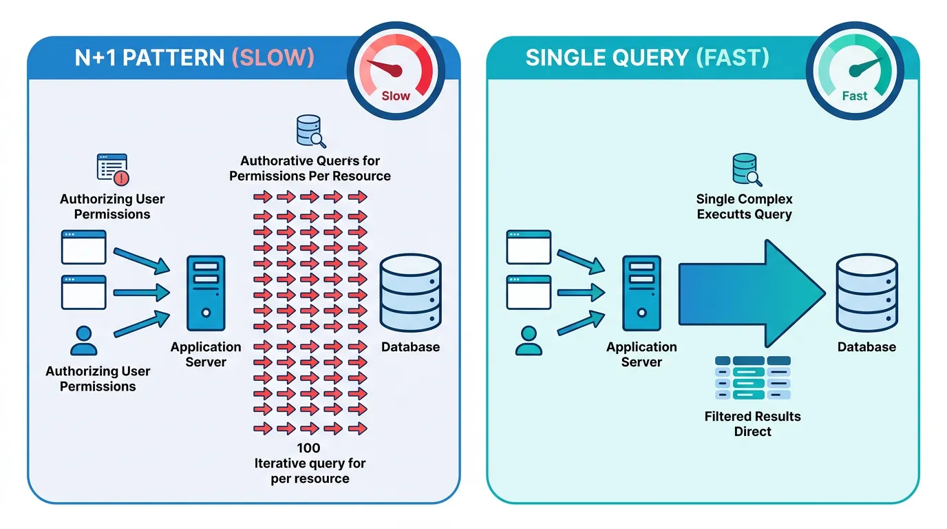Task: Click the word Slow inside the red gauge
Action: coord(396,96)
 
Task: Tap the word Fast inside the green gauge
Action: coord(855,96)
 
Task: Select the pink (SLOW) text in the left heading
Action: coord(273,57)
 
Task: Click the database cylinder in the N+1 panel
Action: coord(411,293)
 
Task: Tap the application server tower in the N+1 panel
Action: coord(206,293)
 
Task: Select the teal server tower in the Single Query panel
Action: coord(641,293)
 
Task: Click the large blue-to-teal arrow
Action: coord(750,293)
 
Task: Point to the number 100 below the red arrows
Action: coord(308,448)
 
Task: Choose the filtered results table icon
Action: coord(753,377)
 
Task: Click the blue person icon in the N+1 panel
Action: coord(84,340)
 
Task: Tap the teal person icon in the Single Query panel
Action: coord(529,340)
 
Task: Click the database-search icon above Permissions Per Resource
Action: coord(310,131)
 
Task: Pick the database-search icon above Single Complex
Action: coord(745,169)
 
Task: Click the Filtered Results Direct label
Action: coord(752,424)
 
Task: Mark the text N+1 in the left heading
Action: coord(99,57)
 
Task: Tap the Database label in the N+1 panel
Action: coord(410,346)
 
